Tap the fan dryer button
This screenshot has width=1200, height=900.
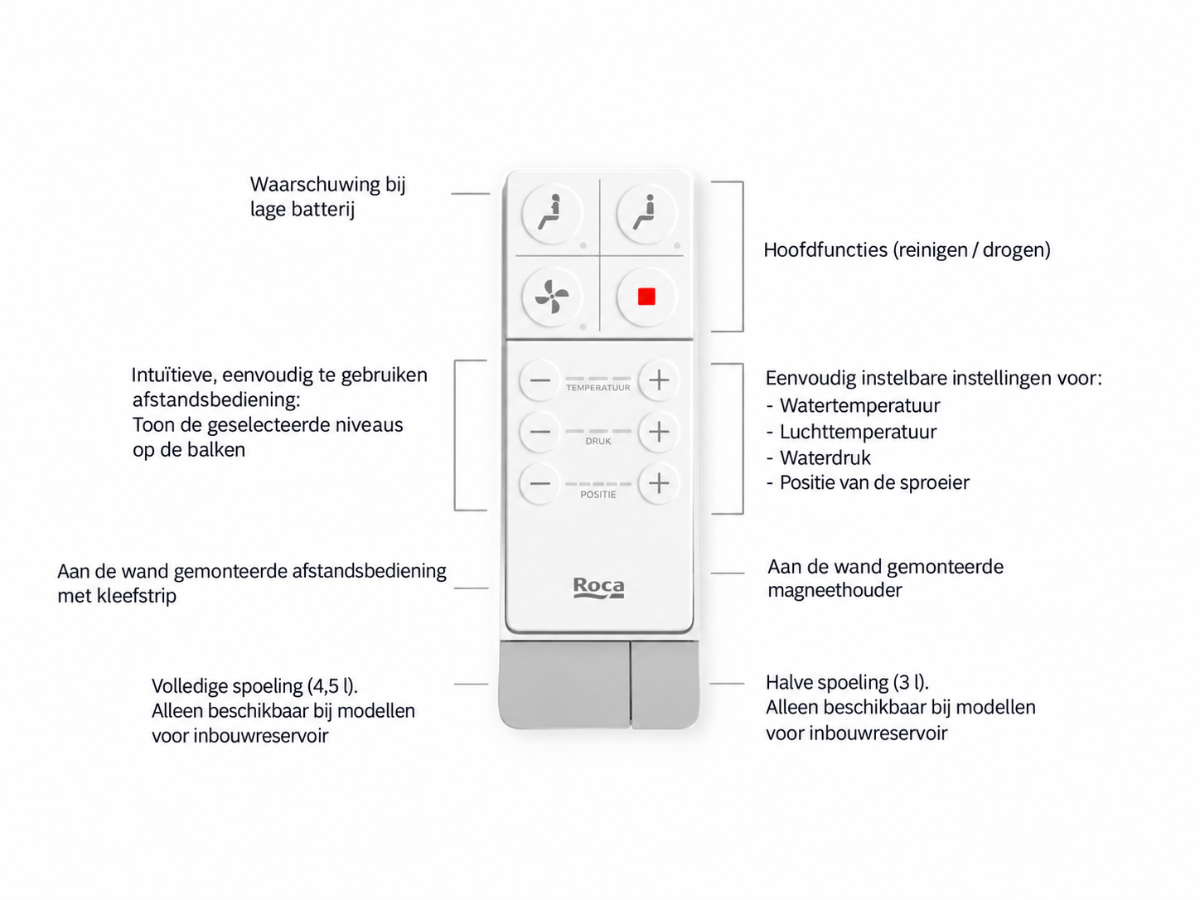click(552, 298)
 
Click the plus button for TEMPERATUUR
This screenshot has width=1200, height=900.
click(659, 380)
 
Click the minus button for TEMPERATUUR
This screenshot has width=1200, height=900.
click(540, 380)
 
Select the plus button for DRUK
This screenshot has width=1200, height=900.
click(659, 433)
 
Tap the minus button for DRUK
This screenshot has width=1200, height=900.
click(540, 433)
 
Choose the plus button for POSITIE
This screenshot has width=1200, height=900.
click(659, 484)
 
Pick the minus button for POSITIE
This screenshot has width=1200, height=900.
click(540, 484)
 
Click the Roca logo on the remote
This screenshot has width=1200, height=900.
click(598, 588)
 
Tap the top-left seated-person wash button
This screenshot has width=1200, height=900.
click(552, 214)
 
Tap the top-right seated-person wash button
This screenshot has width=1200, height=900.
click(646, 214)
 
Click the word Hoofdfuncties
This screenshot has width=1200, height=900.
click(825, 249)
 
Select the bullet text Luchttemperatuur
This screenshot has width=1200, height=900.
click(858, 432)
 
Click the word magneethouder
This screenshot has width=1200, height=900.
click(835, 591)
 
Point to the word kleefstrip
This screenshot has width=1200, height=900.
click(137, 596)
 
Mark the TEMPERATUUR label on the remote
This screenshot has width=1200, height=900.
click(598, 388)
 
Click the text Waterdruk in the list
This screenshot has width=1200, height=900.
click(825, 458)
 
